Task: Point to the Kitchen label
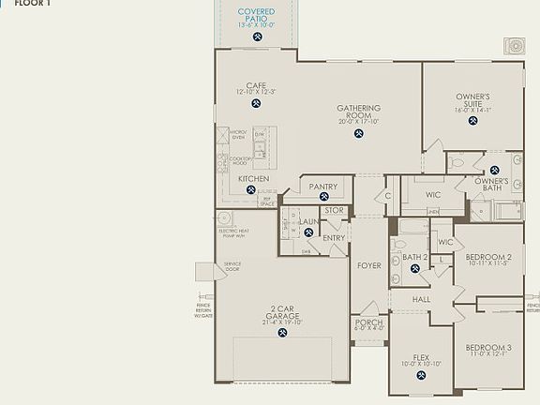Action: point(253,178)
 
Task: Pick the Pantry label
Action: point(323,187)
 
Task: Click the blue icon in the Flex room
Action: point(421,375)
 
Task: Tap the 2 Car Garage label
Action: point(285,312)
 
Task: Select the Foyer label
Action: point(369,265)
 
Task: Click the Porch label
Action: point(369,322)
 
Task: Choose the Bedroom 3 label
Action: point(488,348)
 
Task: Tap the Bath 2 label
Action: point(415,256)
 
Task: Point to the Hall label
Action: point(421,298)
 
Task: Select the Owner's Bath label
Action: point(491,184)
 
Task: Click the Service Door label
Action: point(232,266)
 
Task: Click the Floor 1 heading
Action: point(33,4)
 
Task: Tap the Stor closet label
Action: point(335,210)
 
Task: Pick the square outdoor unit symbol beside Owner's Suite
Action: point(514,46)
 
